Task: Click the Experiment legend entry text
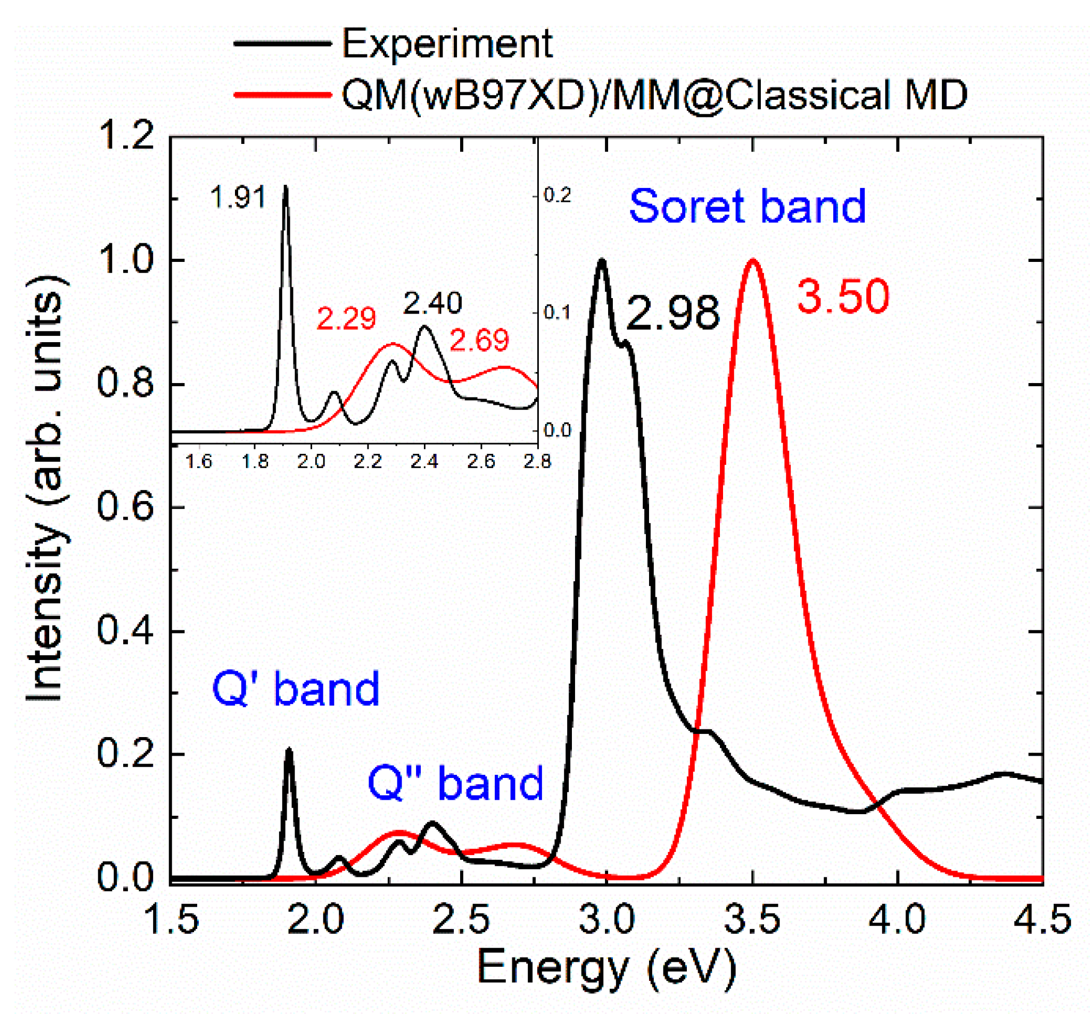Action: click(447, 44)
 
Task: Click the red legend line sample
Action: click(283, 95)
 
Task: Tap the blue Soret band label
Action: click(747, 207)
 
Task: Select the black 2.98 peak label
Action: click(672, 313)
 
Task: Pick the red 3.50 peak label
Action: click(843, 297)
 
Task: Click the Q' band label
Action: click(296, 689)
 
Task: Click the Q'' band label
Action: click(455, 783)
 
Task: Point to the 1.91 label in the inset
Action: click(238, 197)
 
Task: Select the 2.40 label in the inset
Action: click(433, 303)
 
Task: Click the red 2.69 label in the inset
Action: click(479, 341)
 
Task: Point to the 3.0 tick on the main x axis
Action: click(607, 920)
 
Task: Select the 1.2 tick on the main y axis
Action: click(126, 136)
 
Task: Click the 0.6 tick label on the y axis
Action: click(126, 507)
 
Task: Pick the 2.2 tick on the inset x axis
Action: click(367, 462)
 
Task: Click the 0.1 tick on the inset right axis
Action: click(557, 313)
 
